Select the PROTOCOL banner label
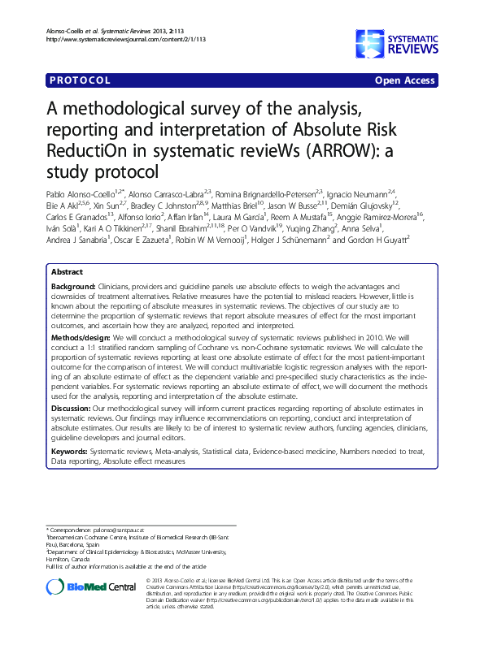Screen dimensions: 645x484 pyautogui.click(x=81, y=81)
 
